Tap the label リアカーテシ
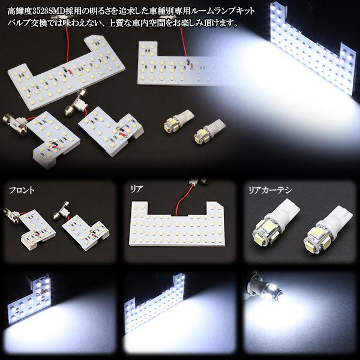coord(269,190)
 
